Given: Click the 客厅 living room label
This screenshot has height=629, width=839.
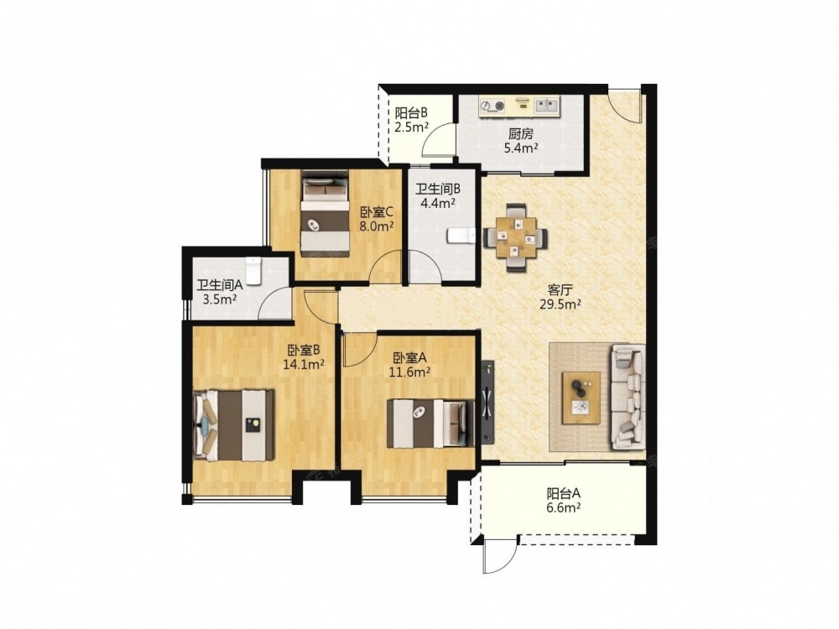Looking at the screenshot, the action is point(560,290).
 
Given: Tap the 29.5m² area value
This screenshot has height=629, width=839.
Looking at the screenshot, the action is point(560,305).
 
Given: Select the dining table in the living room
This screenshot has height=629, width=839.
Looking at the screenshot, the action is point(515,237).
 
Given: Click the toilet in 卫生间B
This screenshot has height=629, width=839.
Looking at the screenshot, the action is point(460,236).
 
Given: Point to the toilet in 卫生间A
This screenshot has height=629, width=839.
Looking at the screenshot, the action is point(253,271).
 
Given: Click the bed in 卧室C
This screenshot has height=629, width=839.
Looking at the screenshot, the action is point(325,214).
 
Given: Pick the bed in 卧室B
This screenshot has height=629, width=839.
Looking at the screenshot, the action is point(234,425).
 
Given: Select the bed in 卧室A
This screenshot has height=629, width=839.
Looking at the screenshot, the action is point(430,424).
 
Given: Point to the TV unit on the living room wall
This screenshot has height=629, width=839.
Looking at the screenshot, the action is point(487,402).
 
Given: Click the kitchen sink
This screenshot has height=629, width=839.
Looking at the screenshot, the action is point(546,105).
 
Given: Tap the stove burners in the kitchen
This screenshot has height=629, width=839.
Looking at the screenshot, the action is point(492,106).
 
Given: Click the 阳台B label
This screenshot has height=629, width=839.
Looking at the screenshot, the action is point(411,113).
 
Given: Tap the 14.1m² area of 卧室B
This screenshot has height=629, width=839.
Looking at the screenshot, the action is point(304,365).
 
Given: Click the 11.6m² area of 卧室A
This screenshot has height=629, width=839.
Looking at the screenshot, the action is point(409,372).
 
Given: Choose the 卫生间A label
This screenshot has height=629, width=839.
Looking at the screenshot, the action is point(219,286).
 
